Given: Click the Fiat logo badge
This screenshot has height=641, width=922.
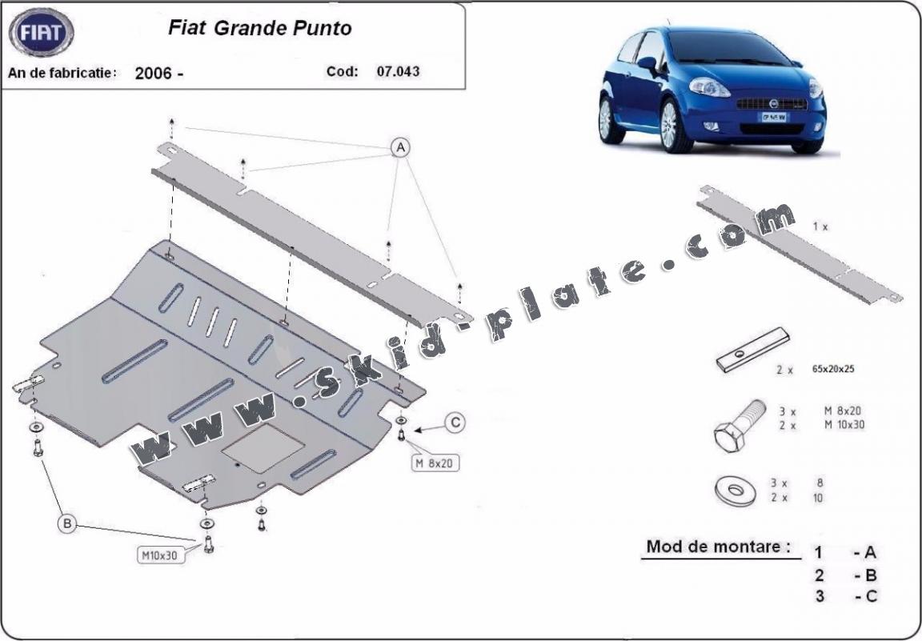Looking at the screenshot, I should (x=41, y=34).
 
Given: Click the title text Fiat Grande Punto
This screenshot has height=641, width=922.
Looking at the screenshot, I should (x=259, y=28).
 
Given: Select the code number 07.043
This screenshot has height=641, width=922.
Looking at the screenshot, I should (x=398, y=70).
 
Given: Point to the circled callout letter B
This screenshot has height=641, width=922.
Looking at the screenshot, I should (x=67, y=525).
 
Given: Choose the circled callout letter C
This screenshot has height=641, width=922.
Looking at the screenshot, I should (x=455, y=423).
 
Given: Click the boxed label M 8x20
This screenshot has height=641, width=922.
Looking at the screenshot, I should (x=435, y=462).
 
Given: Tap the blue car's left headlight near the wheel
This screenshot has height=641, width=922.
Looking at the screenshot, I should (x=708, y=87).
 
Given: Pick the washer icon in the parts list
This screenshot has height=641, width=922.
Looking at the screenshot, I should (x=733, y=490).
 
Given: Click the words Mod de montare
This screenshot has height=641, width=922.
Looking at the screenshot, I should (x=718, y=547).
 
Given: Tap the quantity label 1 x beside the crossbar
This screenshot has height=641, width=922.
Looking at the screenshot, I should (x=820, y=226).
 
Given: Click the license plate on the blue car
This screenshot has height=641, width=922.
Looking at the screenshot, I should (x=772, y=117).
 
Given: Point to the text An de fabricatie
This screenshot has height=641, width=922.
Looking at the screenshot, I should (x=62, y=73).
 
